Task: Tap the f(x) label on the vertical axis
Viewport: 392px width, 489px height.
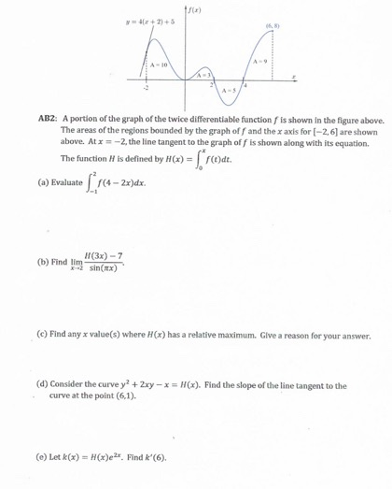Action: coord(197,9)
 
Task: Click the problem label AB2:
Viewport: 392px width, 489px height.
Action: coord(49,120)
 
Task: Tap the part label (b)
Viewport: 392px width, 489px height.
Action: coord(43,262)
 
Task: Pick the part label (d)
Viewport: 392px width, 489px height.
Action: coord(43,384)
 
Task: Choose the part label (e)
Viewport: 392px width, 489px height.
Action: coord(43,455)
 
